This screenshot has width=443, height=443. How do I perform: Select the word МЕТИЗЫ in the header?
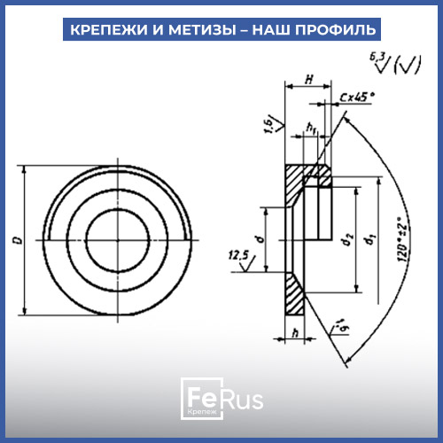[202, 29]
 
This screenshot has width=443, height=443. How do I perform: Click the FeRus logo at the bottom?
[221, 399]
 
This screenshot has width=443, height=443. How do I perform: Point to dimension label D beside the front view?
[19, 240]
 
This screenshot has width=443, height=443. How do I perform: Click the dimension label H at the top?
[309, 80]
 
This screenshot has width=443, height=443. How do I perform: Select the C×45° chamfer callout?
[357, 97]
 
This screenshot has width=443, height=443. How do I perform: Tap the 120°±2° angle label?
[403, 239]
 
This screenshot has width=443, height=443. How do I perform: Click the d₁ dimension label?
[370, 239]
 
